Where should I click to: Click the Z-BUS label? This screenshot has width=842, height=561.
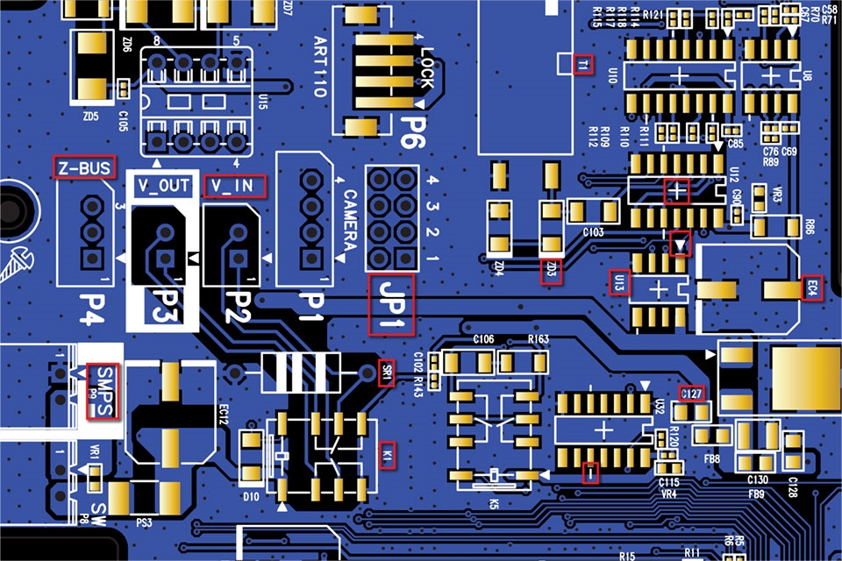[83, 167]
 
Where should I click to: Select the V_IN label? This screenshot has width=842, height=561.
[232, 186]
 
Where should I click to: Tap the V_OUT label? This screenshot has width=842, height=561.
[164, 186]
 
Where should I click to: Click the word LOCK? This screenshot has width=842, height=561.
[426, 69]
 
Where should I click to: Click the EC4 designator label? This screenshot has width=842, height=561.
[812, 288]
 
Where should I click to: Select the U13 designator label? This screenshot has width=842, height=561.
[619, 282]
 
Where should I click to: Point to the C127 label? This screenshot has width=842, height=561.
[692, 394]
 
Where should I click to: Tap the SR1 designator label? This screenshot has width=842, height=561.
[385, 371]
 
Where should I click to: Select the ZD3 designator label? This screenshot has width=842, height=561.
[550, 272]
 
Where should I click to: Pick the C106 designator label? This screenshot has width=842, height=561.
[483, 338]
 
